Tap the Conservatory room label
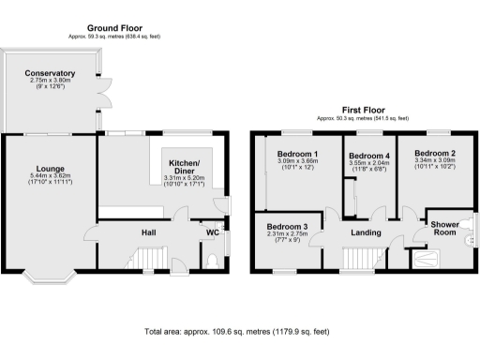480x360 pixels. coord(50,73)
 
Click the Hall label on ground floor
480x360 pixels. coord(148,232)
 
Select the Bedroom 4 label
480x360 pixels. coord(367,155)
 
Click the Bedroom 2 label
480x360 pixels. coord(435,153)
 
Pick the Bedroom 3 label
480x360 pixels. coord(287,227)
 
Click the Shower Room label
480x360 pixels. coord(444,230)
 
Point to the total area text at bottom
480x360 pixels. coord(237,332)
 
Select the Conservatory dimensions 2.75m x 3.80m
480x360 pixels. coord(50,82)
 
